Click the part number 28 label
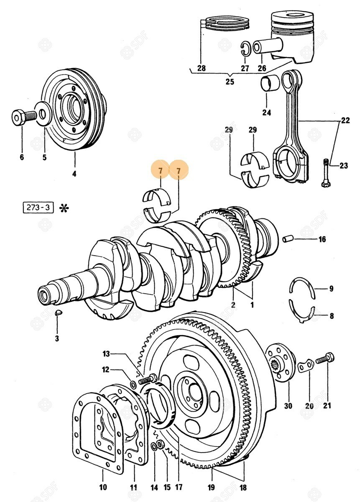point(202,68)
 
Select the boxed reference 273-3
point(38,207)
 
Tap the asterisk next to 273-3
point(64,207)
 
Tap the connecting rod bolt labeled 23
point(326,173)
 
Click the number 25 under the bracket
point(230,82)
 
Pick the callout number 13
point(107,354)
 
